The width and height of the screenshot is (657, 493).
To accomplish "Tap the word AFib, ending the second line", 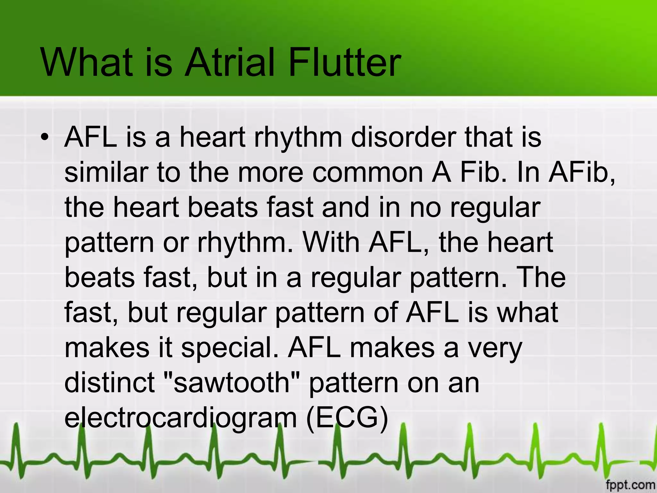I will click(x=582, y=172).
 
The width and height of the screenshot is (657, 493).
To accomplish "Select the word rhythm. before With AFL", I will click(x=245, y=243).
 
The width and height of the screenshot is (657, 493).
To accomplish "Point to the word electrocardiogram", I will click(x=181, y=418).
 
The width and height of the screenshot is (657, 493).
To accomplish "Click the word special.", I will click(x=230, y=348).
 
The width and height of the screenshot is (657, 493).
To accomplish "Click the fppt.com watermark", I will click(x=631, y=484).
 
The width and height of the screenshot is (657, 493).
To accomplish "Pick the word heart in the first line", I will click(x=212, y=137).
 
